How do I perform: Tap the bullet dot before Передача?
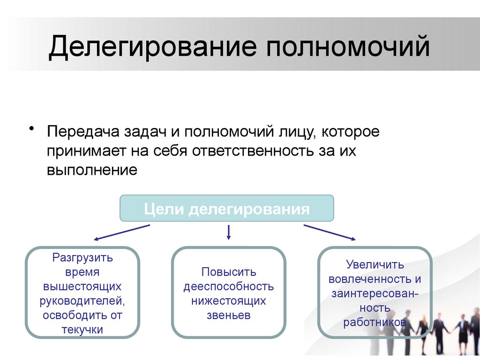point(32,129)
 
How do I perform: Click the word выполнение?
point(91,170)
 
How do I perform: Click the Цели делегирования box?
point(227,209)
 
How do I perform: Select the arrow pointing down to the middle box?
point(229,232)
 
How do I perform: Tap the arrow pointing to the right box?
point(329,232)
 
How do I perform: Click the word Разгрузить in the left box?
point(82,257)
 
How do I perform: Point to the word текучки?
point(82,330)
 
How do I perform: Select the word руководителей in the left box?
point(82,300)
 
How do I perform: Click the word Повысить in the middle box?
point(229,272)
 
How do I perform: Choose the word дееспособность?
point(229,286)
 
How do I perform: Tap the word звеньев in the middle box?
point(229,315)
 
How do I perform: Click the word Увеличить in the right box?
point(375,265)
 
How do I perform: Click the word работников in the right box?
point(374,322)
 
